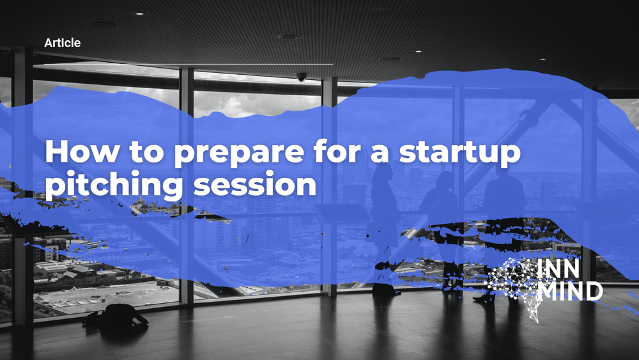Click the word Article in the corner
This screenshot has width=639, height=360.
pyautogui.click(x=62, y=43)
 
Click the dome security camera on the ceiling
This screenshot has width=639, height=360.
pyautogui.click(x=301, y=77)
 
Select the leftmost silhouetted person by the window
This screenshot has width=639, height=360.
pyautogui.click(x=383, y=224)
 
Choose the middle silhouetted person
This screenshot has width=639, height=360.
pyautogui.click(x=441, y=224)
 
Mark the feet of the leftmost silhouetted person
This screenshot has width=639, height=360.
pyautogui.click(x=387, y=291)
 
